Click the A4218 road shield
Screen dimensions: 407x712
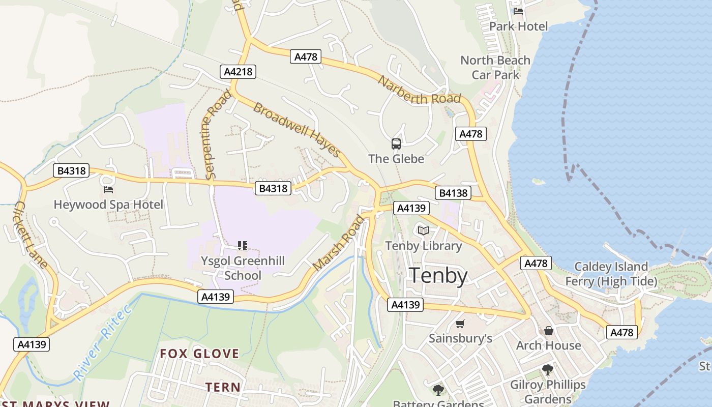click(x=238, y=72)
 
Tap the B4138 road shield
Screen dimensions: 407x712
click(x=453, y=193)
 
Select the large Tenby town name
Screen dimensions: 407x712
click(x=438, y=276)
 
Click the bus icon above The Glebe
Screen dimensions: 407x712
click(x=396, y=144)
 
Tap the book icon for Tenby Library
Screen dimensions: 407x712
click(x=424, y=231)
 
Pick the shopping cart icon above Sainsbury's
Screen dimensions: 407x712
click(x=460, y=324)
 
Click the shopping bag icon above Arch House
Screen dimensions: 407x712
click(x=549, y=331)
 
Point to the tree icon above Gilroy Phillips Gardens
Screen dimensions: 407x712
click(x=548, y=370)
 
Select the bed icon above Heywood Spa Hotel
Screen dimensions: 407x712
click(x=108, y=190)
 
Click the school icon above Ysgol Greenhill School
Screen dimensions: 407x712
click(x=243, y=246)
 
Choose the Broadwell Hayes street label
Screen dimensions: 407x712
click(x=296, y=130)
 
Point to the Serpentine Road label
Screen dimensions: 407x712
click(x=218, y=134)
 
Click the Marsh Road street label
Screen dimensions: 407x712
click(x=339, y=243)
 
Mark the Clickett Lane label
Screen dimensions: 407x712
click(x=31, y=235)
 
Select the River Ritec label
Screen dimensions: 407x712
click(x=102, y=342)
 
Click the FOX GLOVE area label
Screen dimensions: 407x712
click(x=199, y=354)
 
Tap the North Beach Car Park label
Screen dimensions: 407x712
click(x=495, y=68)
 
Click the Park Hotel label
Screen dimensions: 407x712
click(x=518, y=26)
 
